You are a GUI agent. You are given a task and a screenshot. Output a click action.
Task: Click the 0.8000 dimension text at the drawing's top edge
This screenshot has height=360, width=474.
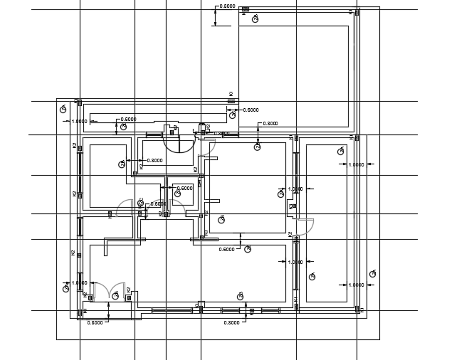[228, 6]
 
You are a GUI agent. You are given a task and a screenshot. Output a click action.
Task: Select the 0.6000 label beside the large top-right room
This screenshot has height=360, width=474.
[251, 110]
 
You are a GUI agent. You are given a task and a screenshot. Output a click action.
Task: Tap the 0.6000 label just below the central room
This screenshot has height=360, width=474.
[226, 250]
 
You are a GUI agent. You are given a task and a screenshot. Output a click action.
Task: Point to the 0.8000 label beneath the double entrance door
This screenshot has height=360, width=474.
[95, 322]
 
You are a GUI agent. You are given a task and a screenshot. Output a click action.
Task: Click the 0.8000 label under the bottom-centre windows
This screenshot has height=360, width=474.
[232, 322]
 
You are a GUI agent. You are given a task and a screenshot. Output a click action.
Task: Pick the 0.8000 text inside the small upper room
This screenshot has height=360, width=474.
[154, 161]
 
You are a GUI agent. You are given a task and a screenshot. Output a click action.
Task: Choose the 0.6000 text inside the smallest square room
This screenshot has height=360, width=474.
[184, 189]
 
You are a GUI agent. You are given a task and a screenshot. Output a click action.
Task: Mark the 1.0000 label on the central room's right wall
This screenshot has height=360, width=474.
[295, 189]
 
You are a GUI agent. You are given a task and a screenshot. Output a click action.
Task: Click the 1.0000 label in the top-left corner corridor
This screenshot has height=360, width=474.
[80, 121]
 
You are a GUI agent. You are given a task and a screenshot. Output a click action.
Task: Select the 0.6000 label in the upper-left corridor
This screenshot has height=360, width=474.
[129, 120]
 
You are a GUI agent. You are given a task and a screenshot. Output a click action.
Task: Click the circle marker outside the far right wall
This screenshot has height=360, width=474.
[372, 273]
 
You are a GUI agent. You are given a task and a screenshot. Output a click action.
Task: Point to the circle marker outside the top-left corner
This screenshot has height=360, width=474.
[63, 109]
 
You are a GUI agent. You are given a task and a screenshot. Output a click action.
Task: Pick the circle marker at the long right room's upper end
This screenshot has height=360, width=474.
[340, 151]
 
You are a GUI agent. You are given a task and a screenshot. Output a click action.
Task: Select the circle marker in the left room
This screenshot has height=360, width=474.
[122, 164]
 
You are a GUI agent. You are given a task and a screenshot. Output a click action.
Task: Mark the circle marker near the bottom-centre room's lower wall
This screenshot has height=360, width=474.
[240, 296]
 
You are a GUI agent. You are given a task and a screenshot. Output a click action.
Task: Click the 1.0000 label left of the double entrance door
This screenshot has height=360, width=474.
[80, 283]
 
